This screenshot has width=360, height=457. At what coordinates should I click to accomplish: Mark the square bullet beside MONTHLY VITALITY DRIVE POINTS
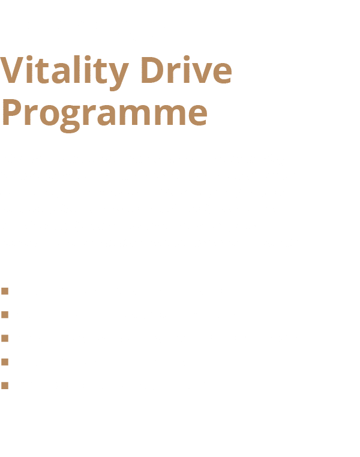[x=5, y=339]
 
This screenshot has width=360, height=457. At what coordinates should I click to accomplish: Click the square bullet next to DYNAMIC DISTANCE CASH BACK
[x=5, y=386]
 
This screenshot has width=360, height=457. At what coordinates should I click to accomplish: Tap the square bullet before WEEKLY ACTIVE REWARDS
[x=5, y=315]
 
